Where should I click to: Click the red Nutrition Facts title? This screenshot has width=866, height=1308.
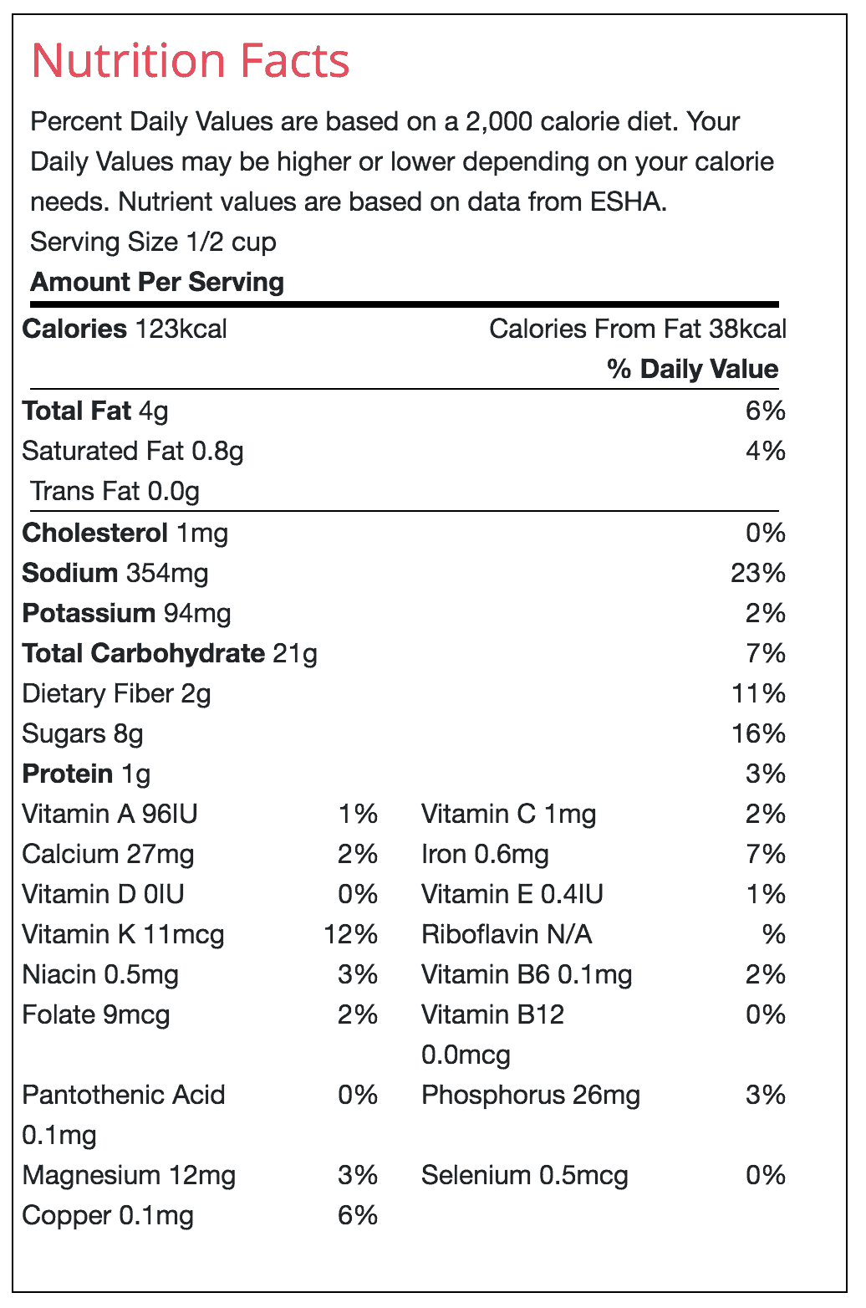point(190,62)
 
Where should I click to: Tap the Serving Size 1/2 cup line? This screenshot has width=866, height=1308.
point(153,243)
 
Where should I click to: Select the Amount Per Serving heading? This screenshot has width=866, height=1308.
point(157,283)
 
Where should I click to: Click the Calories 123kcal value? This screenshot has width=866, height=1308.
point(125,330)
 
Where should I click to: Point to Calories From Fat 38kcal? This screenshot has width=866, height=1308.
point(638,330)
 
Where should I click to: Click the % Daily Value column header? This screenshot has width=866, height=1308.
point(693,370)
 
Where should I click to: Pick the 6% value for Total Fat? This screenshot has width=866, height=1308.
point(766,411)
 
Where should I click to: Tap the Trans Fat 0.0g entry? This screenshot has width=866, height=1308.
point(115,492)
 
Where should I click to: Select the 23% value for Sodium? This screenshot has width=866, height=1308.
point(758,574)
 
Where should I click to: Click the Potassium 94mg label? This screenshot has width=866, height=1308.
point(126,614)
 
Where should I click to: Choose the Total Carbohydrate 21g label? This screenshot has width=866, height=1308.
point(170,654)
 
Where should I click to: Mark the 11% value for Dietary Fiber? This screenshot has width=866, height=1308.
point(758,694)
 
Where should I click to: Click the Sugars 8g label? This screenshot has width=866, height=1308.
point(83,734)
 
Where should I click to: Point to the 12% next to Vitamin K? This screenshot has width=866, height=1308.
point(351,935)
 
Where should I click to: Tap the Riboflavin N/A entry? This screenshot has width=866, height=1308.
point(507,935)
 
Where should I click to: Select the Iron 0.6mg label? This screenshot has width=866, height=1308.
point(485,855)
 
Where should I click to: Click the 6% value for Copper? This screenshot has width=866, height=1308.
point(358,1216)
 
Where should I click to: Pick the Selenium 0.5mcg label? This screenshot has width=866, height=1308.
point(524,1176)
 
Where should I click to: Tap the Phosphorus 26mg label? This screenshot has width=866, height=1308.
point(531,1096)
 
